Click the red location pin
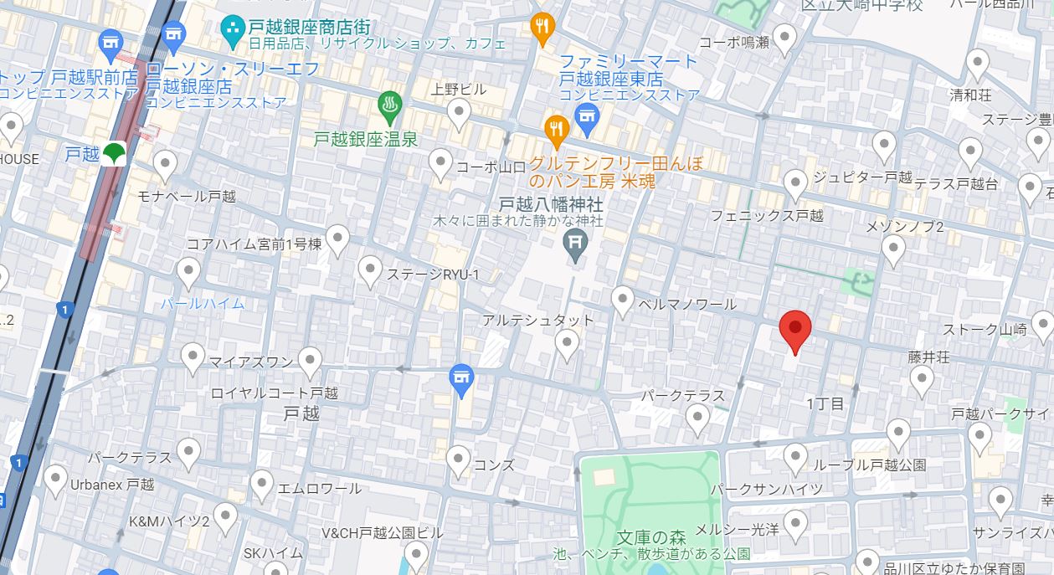(794, 329)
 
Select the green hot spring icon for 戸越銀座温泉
(390, 106)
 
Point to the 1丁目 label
(825, 403)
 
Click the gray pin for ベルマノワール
(622, 300)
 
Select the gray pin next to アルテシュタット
(568, 343)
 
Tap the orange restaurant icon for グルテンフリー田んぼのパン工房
(557, 128)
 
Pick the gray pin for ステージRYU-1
(370, 270)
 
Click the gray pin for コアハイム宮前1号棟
(337, 239)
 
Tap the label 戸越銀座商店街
(310, 28)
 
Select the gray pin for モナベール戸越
(166, 164)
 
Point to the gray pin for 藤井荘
(922, 380)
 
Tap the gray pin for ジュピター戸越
(795, 182)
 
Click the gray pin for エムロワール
(262, 484)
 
